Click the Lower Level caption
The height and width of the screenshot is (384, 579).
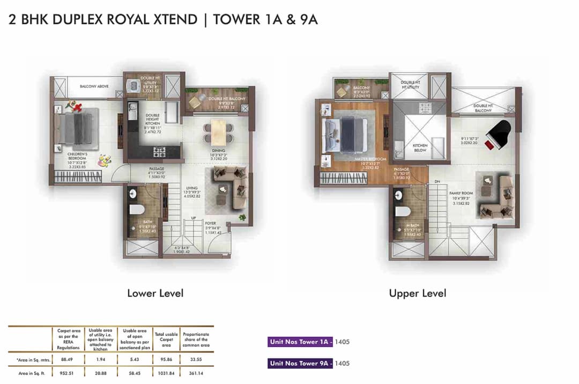155,293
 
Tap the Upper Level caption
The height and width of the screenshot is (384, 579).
417,293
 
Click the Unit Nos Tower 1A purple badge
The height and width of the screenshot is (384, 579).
301,341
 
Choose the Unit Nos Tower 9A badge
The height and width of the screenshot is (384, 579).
301,363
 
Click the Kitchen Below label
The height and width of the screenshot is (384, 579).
420,147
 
